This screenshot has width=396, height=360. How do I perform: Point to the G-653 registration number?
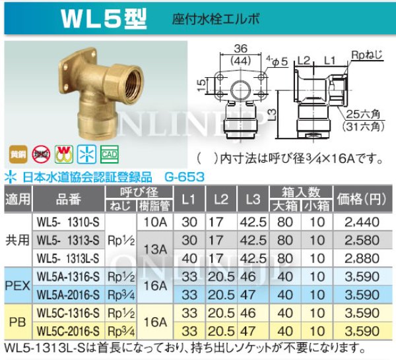pos(183,177)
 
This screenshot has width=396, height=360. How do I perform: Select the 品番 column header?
pos(68,197)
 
